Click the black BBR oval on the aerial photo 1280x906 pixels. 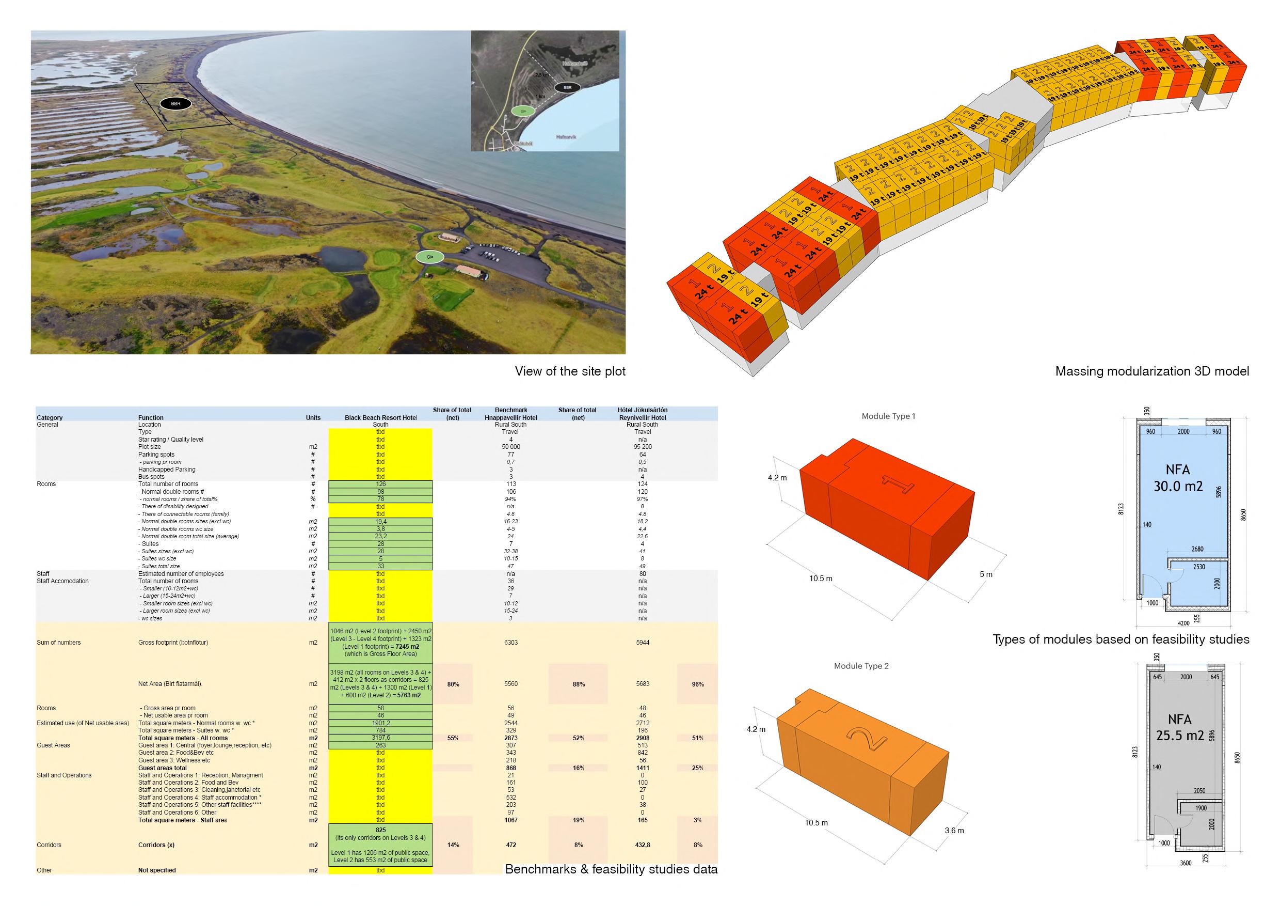(x=175, y=103)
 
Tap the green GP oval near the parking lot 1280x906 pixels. (x=429, y=257)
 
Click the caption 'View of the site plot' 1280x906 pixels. (x=570, y=371)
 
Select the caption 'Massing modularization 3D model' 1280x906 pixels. (x=1152, y=371)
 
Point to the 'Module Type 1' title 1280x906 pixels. (x=888, y=416)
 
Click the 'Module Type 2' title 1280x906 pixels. (x=861, y=666)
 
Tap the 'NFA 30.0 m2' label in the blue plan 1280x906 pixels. (x=1178, y=478)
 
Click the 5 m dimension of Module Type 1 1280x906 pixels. (x=986, y=574)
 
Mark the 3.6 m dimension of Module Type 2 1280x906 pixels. (x=954, y=831)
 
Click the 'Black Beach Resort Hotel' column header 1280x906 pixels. (x=381, y=417)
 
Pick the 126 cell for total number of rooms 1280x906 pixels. (x=381, y=484)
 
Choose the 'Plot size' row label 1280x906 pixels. (x=149, y=447)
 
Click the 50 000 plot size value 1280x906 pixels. (x=510, y=447)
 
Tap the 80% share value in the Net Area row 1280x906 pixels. (x=453, y=684)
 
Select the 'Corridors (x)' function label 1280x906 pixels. (x=156, y=845)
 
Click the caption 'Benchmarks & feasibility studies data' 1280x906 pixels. (x=611, y=869)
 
